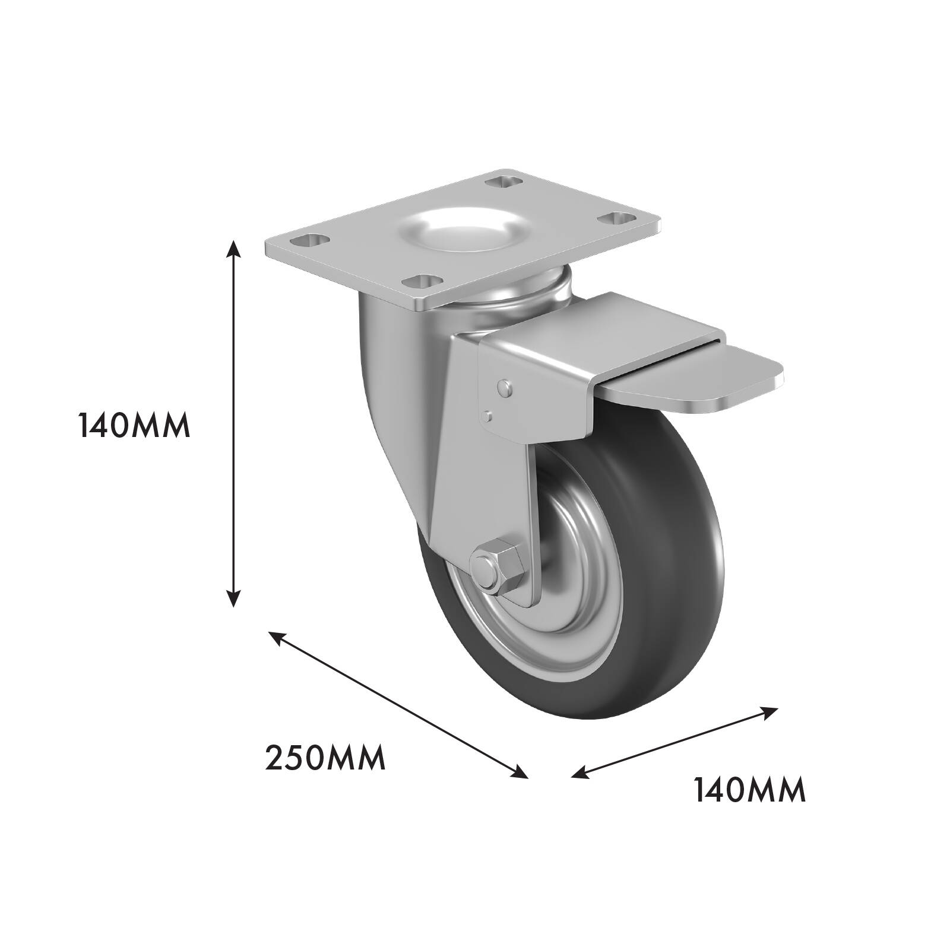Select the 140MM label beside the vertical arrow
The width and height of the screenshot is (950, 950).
pyautogui.click(x=134, y=426)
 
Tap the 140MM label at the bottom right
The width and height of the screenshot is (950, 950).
pyautogui.click(x=750, y=790)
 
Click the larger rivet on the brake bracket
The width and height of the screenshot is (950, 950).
pyautogui.click(x=505, y=388)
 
